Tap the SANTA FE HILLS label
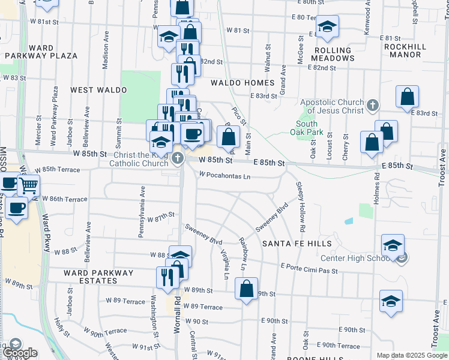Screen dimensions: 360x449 click(x=297, y=244)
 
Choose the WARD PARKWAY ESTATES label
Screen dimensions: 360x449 click(x=98, y=277)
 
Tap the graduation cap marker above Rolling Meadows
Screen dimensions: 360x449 click(x=327, y=26)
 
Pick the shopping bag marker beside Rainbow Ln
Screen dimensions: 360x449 click(x=246, y=289)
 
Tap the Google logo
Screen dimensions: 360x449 click(x=20, y=353)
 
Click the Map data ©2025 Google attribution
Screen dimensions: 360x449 click(x=412, y=355)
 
